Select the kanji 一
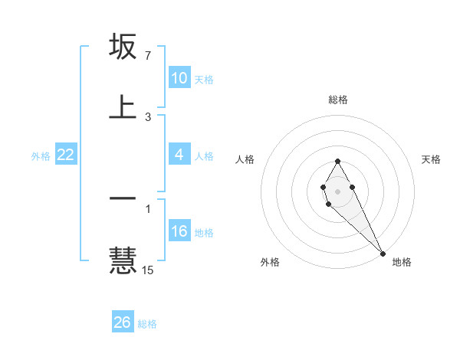pyautogui.click(x=123, y=199)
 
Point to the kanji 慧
pyautogui.click(x=123, y=259)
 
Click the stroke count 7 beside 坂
pyautogui.click(x=147, y=56)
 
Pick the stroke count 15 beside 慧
pyautogui.click(x=148, y=270)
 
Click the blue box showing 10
pyautogui.click(x=179, y=78)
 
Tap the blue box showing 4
pyautogui.click(x=179, y=155)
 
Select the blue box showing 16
pyautogui.click(x=179, y=231)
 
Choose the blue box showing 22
pyautogui.click(x=65, y=155)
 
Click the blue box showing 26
pyautogui.click(x=122, y=322)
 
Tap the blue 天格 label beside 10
pyautogui.click(x=204, y=79)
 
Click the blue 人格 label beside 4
pyautogui.click(x=204, y=155)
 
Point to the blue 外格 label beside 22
pyautogui.click(x=41, y=155)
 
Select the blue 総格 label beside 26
pyautogui.click(x=147, y=323)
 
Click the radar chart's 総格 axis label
pyautogui.click(x=337, y=100)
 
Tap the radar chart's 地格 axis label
pyautogui.click(x=402, y=262)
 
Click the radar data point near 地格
pyautogui.click(x=383, y=252)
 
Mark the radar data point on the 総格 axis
pyautogui.click(x=337, y=161)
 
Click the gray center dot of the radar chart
pyautogui.click(x=337, y=190)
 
